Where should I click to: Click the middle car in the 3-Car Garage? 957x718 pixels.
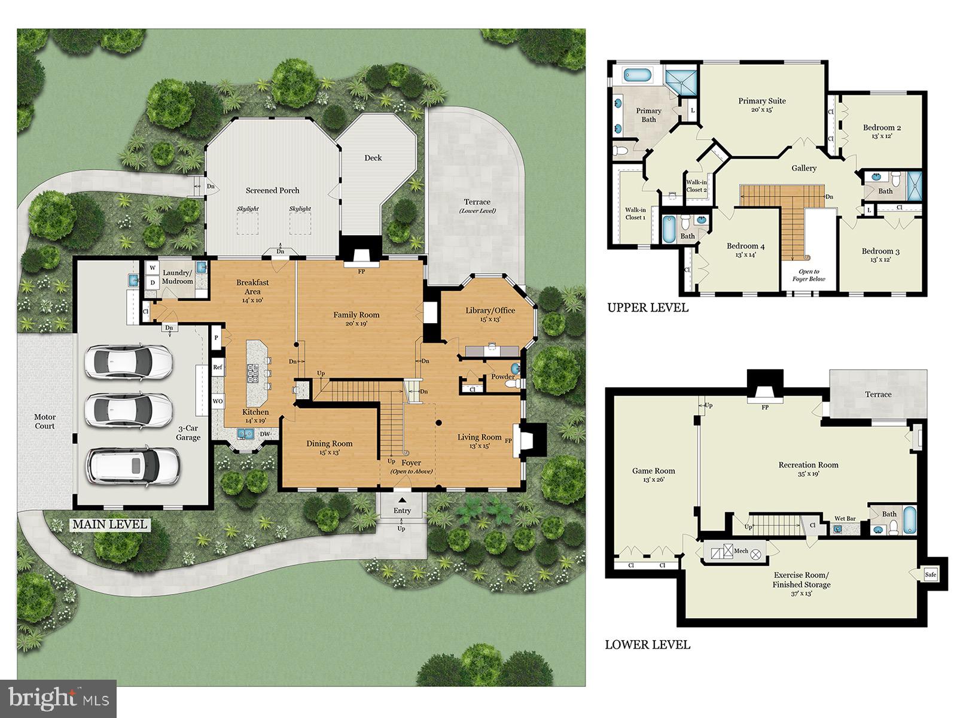click(129, 410)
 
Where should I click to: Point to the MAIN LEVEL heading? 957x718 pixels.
click(109, 525)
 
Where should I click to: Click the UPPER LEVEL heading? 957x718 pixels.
click(648, 308)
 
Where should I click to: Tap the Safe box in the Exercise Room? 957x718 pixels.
click(930, 574)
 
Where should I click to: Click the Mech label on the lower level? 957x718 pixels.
click(741, 551)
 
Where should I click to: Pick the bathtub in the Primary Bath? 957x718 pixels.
click(637, 75)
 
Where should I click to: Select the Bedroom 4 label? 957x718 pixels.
click(745, 246)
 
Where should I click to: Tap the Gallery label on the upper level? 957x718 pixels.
click(804, 168)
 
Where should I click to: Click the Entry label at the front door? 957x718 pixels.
click(402, 510)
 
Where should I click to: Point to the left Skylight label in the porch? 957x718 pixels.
click(248, 209)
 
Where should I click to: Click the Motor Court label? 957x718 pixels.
click(45, 421)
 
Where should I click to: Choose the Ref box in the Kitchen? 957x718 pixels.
click(218, 367)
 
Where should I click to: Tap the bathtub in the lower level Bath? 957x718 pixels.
click(909, 521)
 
